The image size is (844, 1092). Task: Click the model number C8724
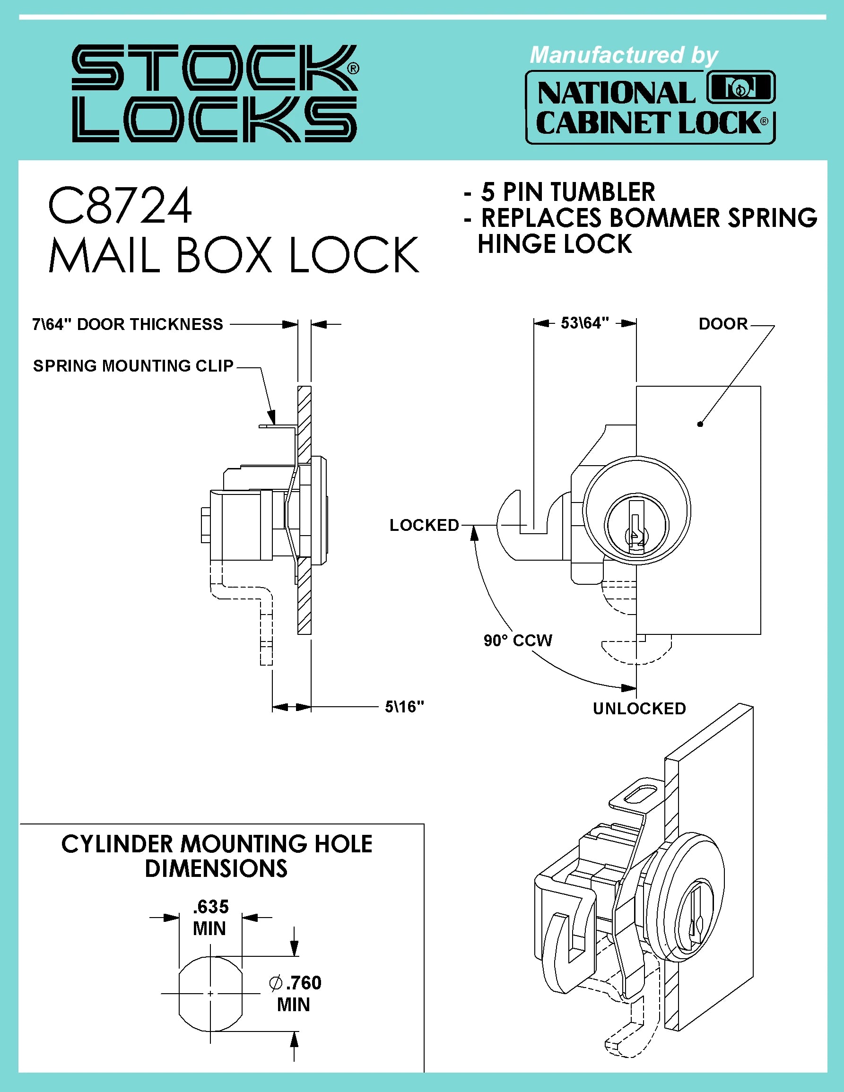(120, 206)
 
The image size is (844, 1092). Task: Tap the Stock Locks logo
(215, 94)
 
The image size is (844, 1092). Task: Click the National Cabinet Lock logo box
(650, 107)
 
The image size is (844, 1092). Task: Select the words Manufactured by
(623, 55)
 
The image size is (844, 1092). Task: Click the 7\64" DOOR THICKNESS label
(128, 324)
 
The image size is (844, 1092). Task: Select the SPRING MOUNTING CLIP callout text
(133, 365)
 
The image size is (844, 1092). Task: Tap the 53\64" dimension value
(584, 323)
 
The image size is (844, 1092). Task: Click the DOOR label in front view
(722, 323)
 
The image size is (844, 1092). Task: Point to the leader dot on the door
(700, 424)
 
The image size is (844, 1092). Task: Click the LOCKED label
(424, 525)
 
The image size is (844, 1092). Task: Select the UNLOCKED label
(639, 709)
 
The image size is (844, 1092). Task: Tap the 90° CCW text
(517, 641)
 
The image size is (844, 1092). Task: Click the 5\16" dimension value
(404, 707)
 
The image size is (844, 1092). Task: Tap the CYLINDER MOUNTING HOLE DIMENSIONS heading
(217, 856)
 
